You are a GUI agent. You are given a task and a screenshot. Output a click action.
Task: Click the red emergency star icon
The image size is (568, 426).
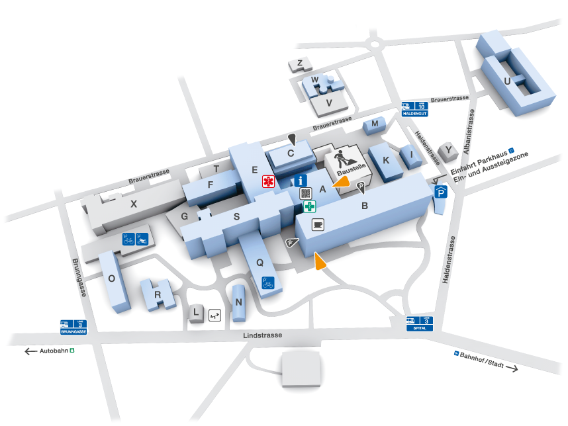click(268, 181)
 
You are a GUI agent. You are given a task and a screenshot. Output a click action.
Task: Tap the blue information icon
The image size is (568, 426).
click(301, 179)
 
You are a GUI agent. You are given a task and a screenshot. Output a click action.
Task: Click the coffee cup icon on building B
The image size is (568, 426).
click(318, 224)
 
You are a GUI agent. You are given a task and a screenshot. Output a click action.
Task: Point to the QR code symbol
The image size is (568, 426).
click(306, 193)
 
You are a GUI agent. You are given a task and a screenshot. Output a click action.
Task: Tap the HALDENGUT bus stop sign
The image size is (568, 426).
click(415, 108)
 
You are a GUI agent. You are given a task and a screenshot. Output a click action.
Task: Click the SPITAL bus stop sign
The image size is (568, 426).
click(421, 324)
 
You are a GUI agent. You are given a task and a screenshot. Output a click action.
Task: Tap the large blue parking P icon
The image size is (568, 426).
click(442, 192)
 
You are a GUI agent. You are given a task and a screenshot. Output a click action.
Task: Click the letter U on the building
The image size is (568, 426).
click(508, 81)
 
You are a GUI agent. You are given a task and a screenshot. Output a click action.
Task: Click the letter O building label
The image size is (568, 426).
click(112, 278)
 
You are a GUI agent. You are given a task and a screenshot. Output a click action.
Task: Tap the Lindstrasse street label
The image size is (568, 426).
click(263, 335)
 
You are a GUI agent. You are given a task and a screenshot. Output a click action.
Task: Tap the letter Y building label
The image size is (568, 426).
click(450, 150)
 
